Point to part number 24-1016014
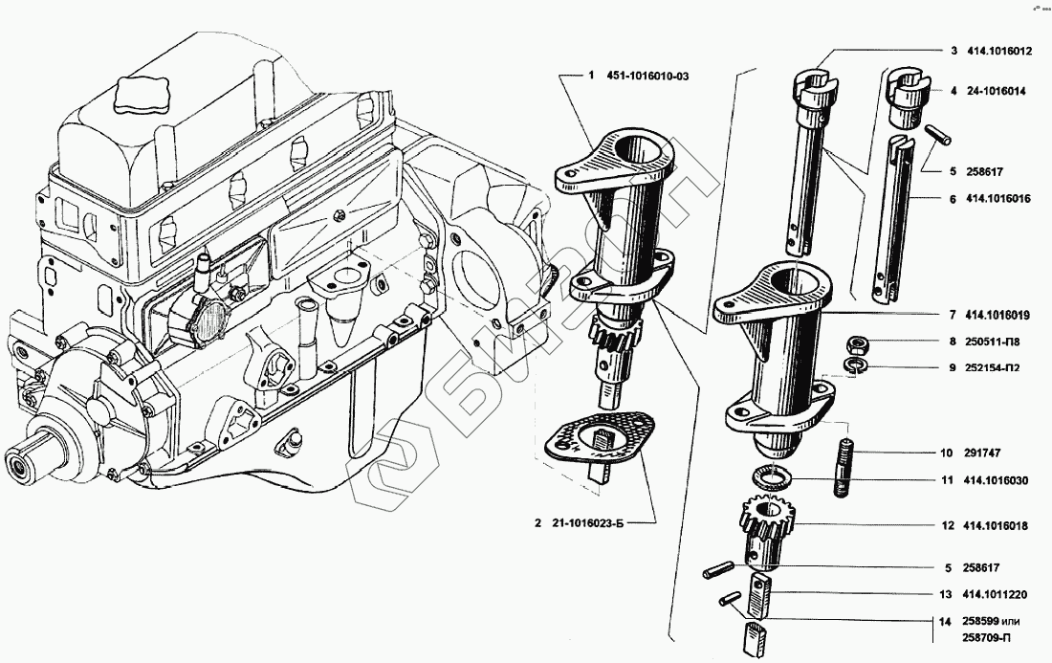pyautogui.click(x=995, y=91)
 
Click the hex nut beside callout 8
pyautogui.click(x=857, y=342)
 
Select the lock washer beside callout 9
pyautogui.click(x=856, y=365)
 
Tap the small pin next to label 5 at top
pyautogui.click(x=935, y=136)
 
